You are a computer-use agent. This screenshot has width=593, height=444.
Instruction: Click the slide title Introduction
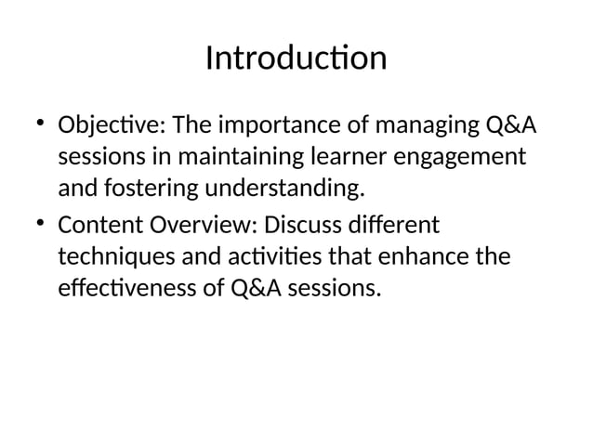296,59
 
